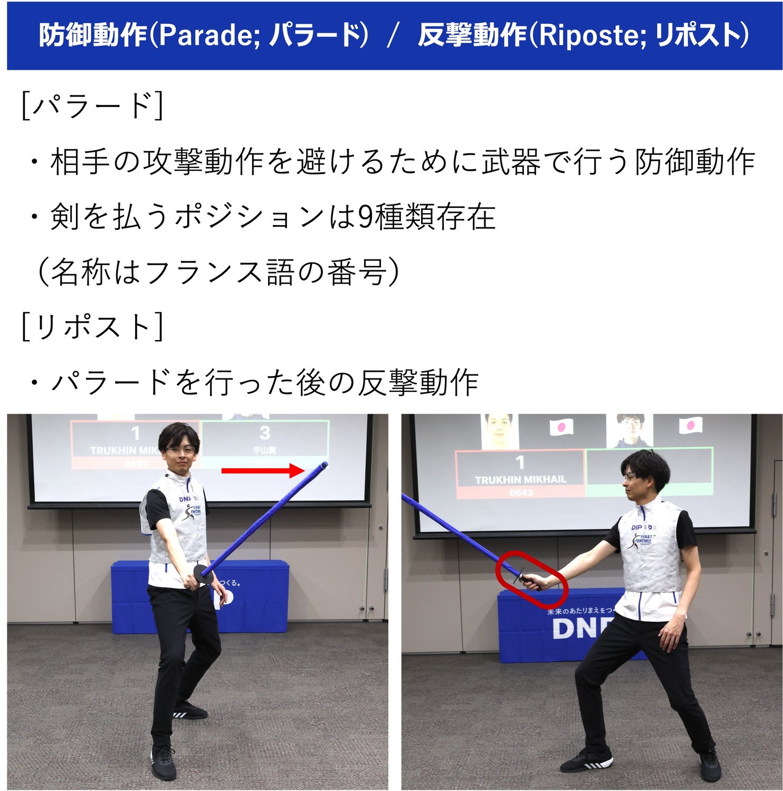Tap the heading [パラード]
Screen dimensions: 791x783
[92, 105]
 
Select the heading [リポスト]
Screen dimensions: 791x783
[92, 326]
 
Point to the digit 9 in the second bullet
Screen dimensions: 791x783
[365, 217]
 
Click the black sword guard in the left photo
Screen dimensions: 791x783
[204, 575]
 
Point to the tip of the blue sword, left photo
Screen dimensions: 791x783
[324, 465]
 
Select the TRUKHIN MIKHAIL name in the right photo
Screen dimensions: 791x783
[520, 479]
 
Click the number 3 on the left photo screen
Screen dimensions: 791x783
[265, 433]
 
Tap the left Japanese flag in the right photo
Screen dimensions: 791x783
[561, 427]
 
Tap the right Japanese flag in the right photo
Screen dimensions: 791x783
[690, 425]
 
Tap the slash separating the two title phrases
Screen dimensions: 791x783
[392, 35]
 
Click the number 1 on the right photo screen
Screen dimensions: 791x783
[520, 462]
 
